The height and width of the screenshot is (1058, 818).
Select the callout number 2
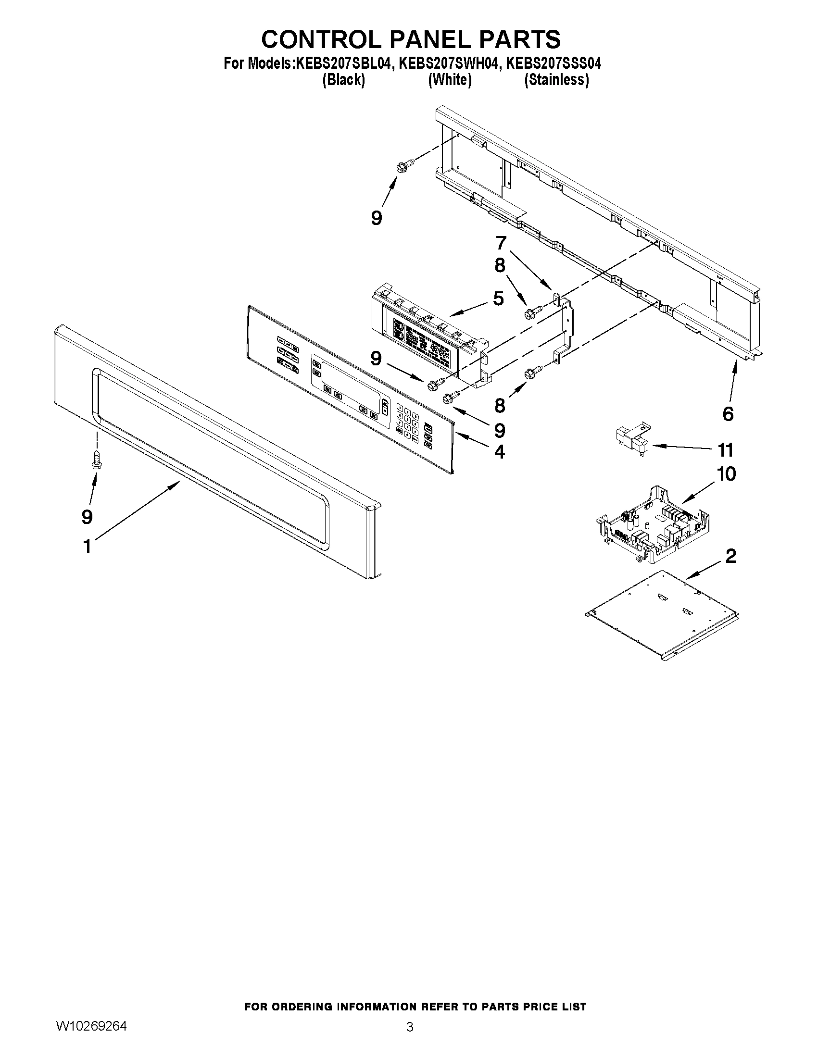731,556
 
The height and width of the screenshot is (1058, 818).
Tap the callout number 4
500,452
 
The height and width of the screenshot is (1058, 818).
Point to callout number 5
499,298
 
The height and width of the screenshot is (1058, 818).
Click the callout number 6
728,414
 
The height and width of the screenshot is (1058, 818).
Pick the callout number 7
501,242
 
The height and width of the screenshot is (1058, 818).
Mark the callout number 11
726,450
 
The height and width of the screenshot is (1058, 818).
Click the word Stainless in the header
557,80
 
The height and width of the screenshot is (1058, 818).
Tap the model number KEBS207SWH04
449,63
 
